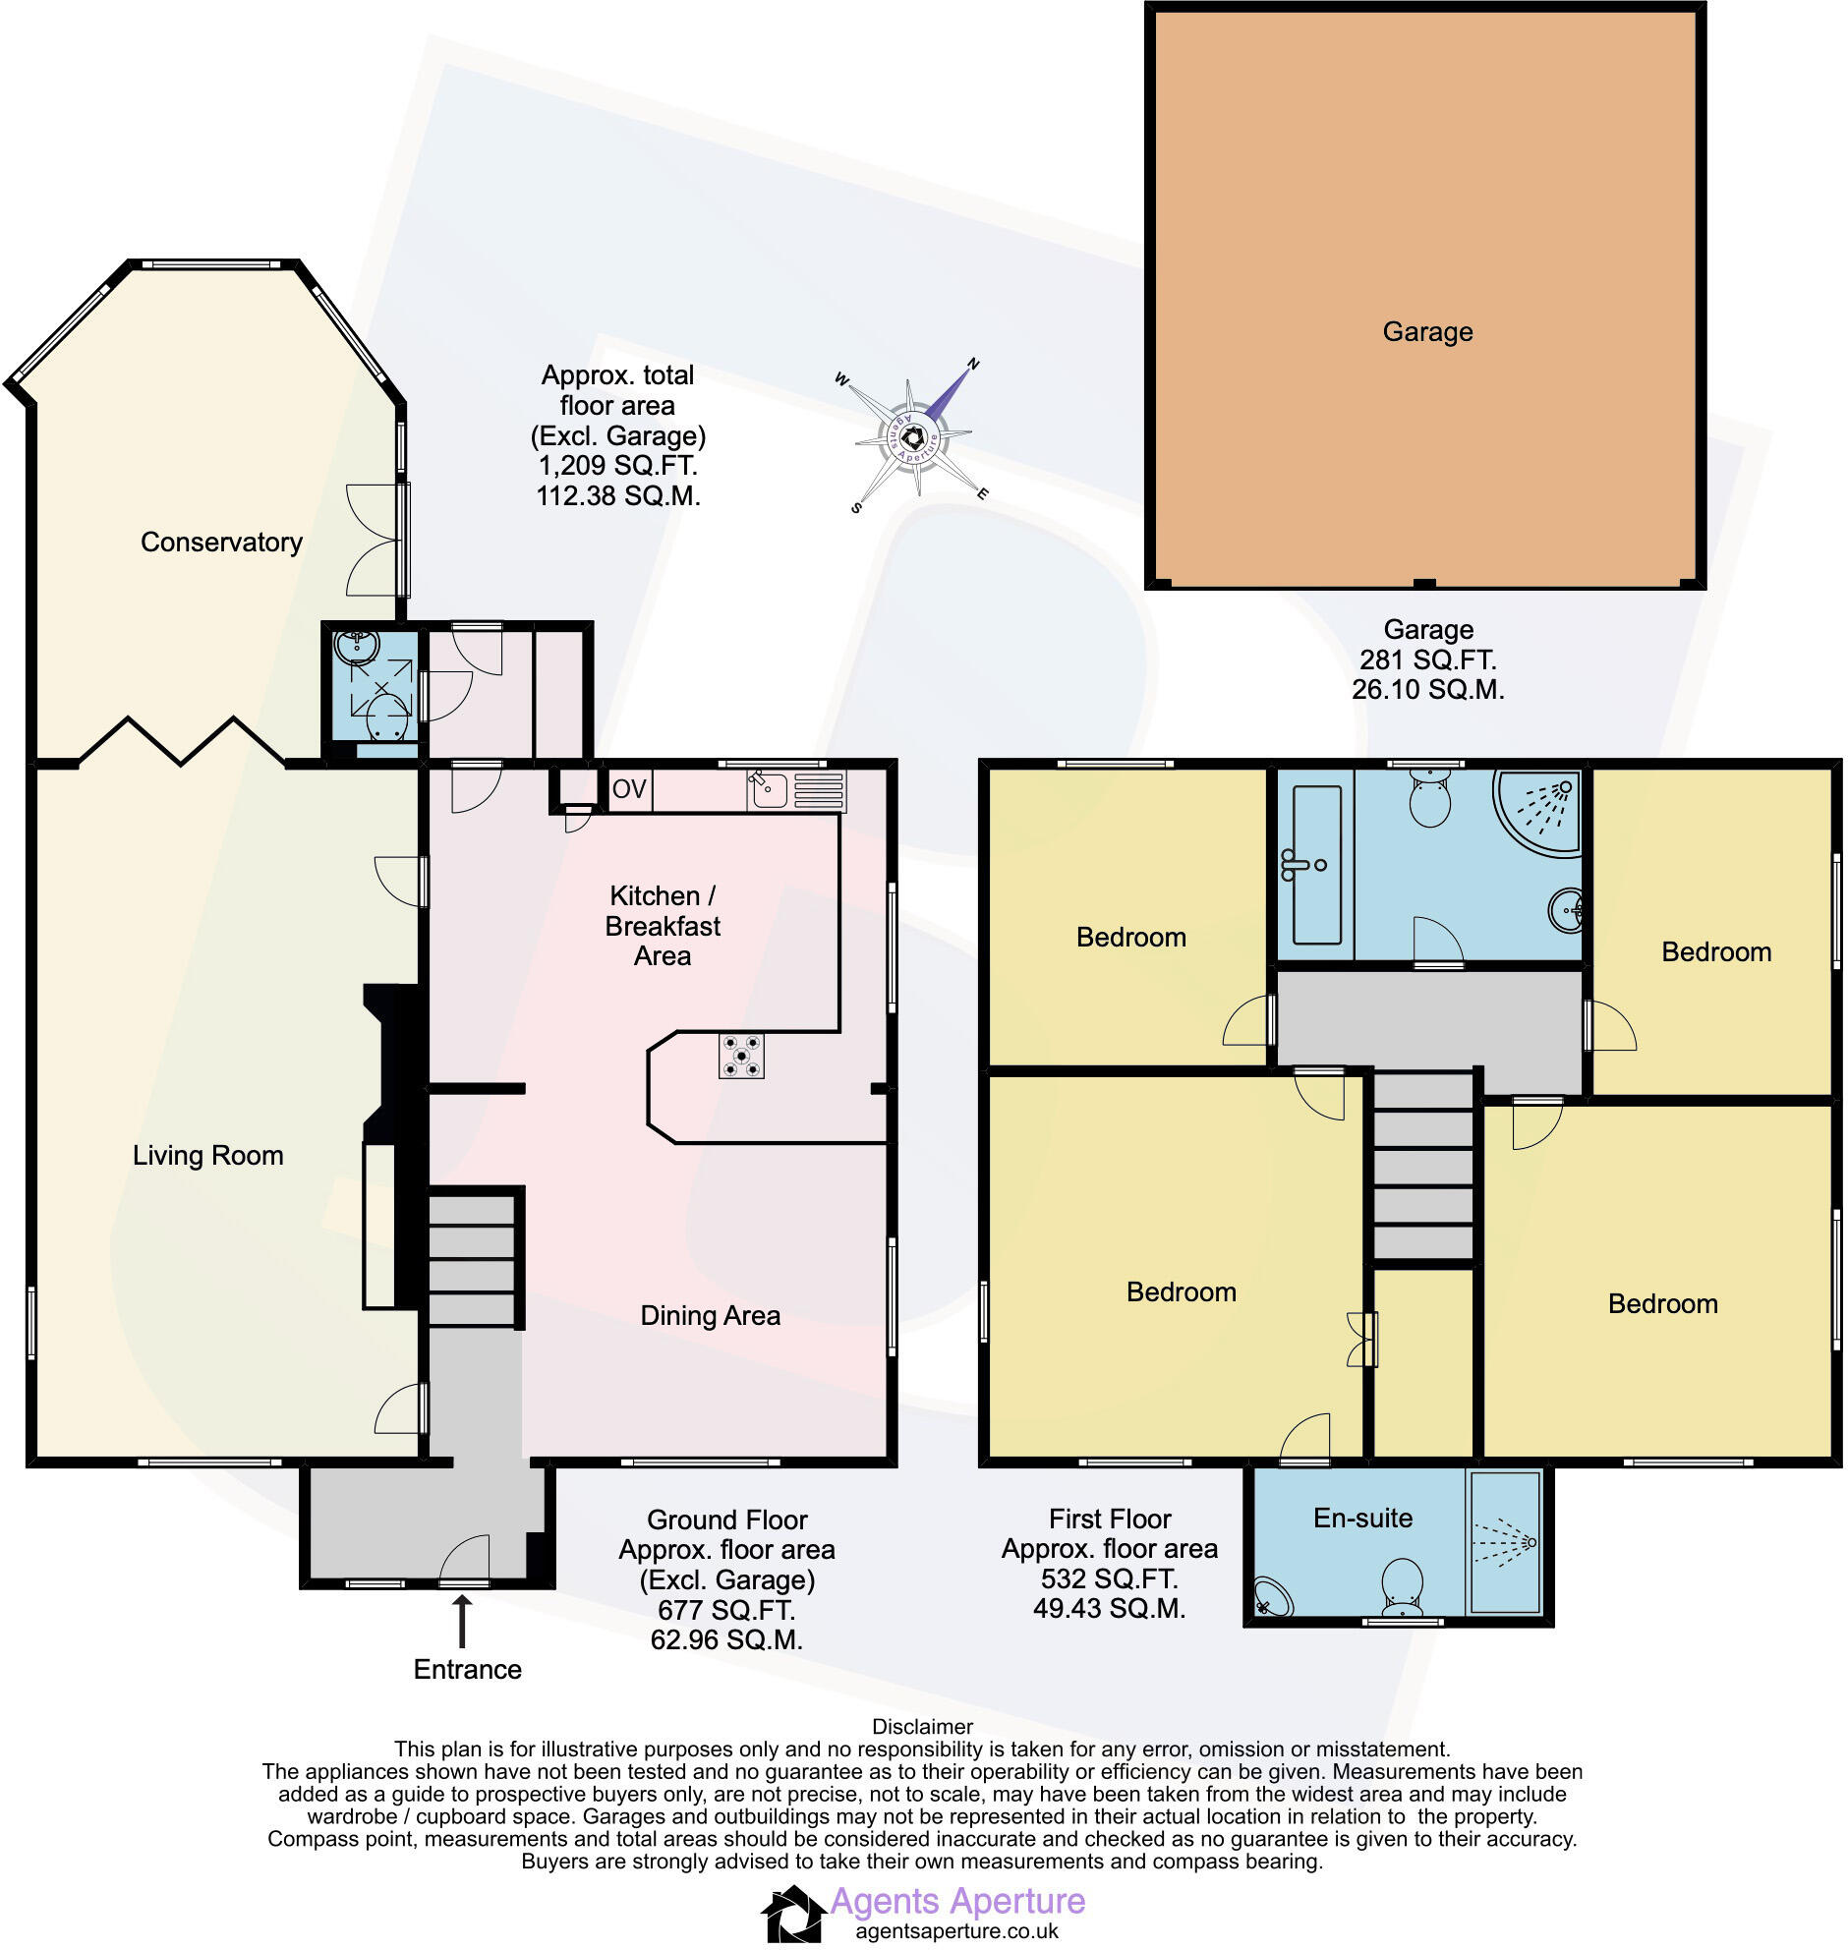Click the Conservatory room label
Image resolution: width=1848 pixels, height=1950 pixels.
pos(220,542)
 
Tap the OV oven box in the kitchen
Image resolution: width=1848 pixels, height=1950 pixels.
pos(629,789)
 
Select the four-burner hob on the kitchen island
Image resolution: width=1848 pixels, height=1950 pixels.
pos(741,1055)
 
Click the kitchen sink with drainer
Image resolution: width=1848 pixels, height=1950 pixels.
pos(795,790)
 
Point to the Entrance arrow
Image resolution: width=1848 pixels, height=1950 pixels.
pos(461,1621)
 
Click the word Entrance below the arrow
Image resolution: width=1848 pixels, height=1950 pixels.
pos(467,1669)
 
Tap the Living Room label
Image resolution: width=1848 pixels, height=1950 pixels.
pos(207,1155)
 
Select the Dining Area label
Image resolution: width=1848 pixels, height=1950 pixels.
pos(710,1316)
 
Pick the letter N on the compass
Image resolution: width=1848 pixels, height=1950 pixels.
pos(973,365)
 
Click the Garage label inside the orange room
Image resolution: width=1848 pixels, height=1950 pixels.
pos(1426,332)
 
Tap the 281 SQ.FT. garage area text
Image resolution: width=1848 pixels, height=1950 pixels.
pos(1427,660)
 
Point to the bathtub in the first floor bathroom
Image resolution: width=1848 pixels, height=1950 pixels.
pos(1315,865)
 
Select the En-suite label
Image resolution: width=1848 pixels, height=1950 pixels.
pos(1362,1518)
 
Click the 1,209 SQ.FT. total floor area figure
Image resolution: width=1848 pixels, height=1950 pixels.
pos(617,466)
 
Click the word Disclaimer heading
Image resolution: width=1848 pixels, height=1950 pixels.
pos(922,1727)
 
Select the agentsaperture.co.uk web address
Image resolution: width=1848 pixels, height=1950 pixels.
pos(956,1930)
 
